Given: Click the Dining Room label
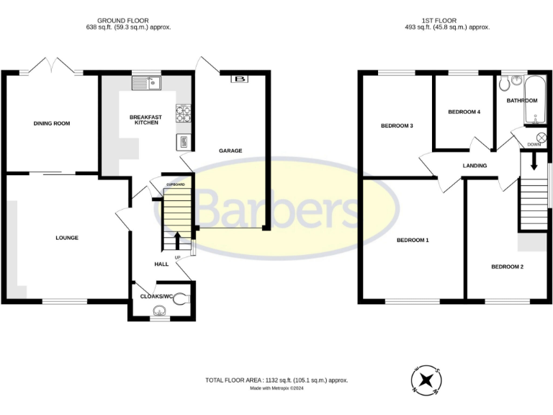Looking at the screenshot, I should pos(52,123).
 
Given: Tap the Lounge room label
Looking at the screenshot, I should pos(67,238).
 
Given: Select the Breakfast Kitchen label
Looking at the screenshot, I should pos(146,120).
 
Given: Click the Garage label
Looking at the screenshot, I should pos(230,151).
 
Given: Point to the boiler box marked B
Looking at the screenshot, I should pos(238,79).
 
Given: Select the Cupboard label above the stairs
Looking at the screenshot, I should pos(176,185).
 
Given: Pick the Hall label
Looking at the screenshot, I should pos(161,264).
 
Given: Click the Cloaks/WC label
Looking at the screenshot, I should pos(158,296).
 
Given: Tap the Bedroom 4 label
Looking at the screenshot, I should pos(464,112).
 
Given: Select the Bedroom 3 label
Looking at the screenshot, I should pos(397,126).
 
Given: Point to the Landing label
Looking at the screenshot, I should pos(475,166).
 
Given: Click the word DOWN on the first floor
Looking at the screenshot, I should pos(534,145).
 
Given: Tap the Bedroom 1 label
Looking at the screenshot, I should pos(413,240).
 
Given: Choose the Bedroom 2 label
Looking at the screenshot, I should pos(507,267).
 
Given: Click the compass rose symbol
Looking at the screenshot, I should pos(426,380).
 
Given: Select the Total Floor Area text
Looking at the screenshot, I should pos(276,380).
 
